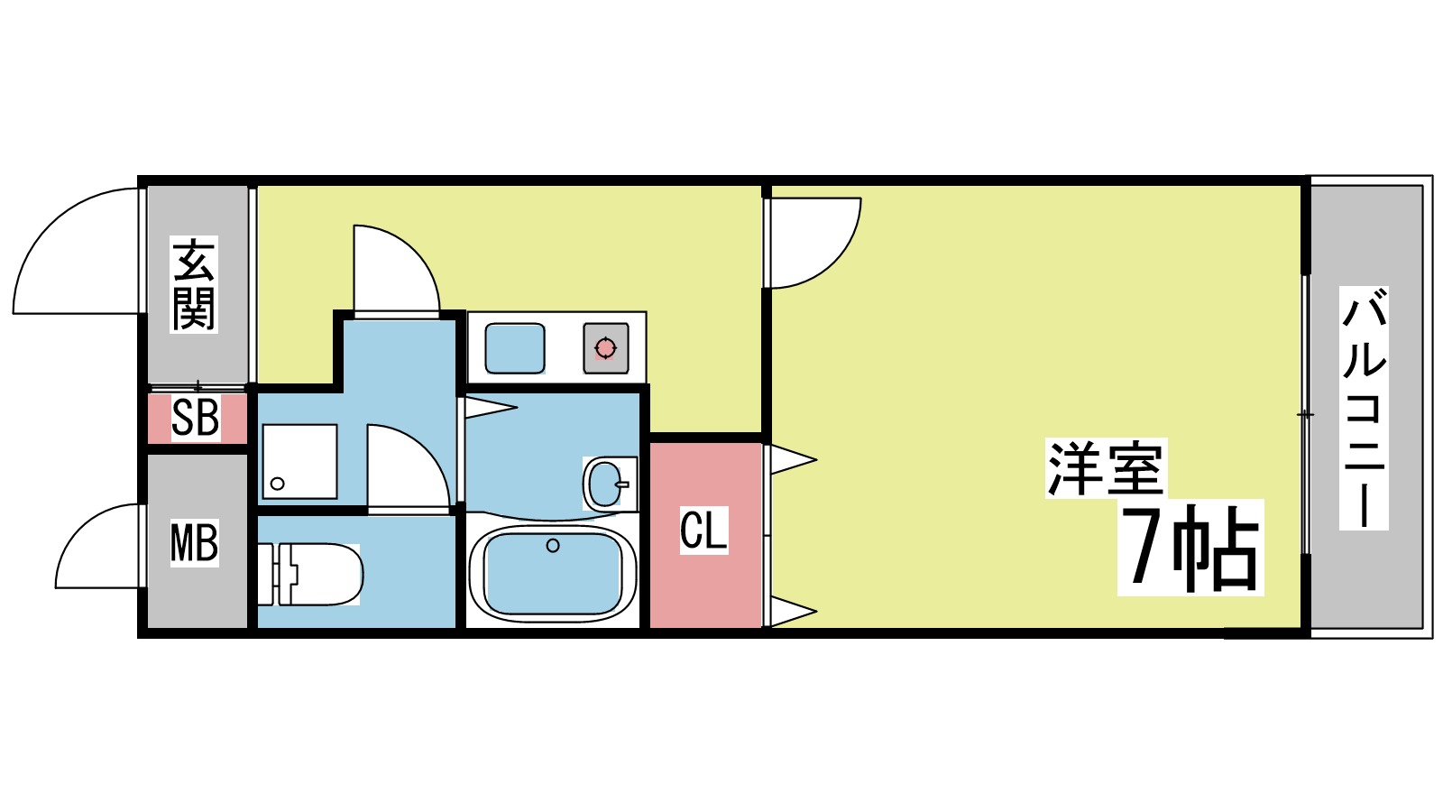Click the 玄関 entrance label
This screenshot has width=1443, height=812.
tap(194, 284)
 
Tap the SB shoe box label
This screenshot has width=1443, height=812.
tap(195, 418)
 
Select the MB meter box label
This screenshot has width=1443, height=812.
tap(195, 544)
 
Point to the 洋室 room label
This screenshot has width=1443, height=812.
tap(1106, 469)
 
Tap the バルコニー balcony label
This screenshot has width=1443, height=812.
tap(1364, 407)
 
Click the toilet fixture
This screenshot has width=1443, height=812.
tap(320, 574)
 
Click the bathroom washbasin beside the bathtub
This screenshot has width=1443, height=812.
tap(606, 484)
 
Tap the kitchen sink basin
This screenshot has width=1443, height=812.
tap(515, 348)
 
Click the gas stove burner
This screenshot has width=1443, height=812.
tap(605, 347)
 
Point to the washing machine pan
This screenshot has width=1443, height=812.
tap(299, 461)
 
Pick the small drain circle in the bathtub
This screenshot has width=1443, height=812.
tap(553, 546)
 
